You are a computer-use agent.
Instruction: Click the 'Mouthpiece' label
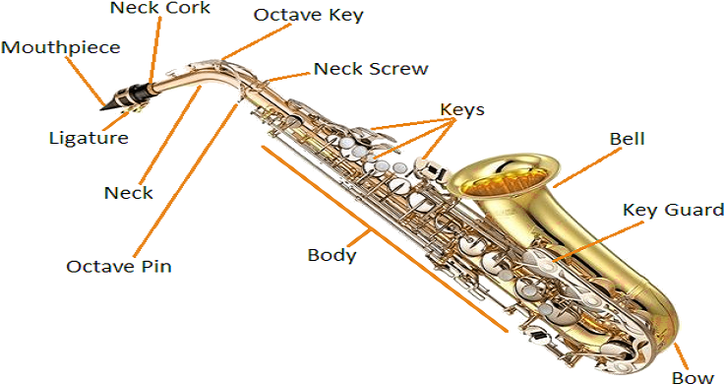click(x=61, y=46)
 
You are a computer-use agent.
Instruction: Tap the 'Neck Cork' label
click(x=160, y=9)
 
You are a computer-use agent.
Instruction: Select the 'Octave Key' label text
click(x=309, y=15)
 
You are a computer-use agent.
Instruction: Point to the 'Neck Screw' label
click(x=370, y=69)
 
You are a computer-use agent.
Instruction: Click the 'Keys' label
click(x=461, y=109)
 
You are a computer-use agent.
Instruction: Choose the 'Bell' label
click(x=627, y=139)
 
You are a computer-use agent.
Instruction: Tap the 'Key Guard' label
click(x=673, y=211)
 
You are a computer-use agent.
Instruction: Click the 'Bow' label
click(x=693, y=377)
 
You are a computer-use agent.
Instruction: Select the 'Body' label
click(x=332, y=255)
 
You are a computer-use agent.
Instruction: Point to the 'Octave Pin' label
click(x=118, y=266)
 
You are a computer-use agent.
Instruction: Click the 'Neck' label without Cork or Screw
click(x=128, y=192)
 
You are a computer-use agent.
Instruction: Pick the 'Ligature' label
click(x=89, y=138)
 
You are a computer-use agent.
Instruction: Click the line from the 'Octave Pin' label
click(x=187, y=177)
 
